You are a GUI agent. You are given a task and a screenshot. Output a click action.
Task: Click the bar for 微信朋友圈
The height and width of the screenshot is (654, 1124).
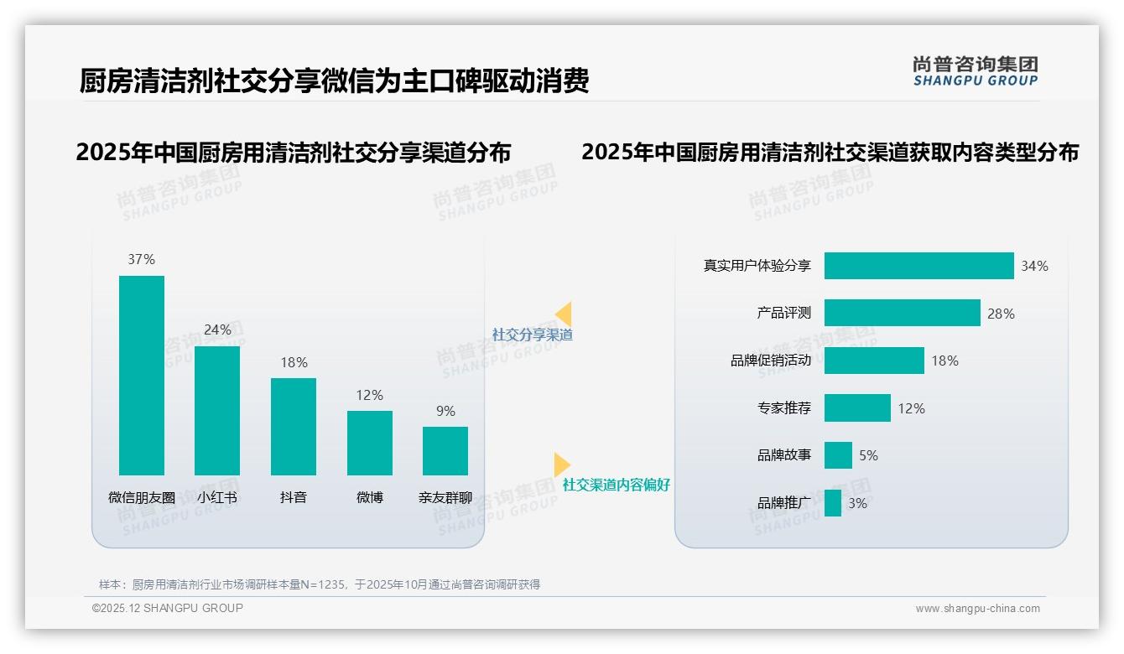[142, 375]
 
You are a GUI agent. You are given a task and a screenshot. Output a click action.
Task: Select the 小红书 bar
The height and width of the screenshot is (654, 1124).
[217, 410]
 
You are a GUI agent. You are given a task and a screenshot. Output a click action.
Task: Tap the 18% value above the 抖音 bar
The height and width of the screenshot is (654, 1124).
[294, 362]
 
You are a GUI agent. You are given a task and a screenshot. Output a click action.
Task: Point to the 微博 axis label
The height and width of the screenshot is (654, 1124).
[369, 497]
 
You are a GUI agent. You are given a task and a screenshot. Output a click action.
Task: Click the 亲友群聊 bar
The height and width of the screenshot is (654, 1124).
[445, 450]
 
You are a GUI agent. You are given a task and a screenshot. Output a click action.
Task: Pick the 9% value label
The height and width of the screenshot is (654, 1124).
[445, 411]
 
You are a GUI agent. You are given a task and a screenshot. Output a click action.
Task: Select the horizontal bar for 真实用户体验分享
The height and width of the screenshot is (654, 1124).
[918, 266]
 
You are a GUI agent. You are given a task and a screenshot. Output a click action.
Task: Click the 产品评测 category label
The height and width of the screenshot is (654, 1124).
[783, 313]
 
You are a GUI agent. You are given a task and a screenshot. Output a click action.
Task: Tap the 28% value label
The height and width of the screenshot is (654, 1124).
[1001, 314]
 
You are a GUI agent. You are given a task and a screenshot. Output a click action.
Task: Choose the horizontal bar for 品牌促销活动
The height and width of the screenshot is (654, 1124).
[874, 361]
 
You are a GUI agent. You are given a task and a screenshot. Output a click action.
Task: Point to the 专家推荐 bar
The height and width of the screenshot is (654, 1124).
[857, 408]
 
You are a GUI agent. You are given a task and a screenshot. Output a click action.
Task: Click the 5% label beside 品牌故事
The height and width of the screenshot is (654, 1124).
[868, 455]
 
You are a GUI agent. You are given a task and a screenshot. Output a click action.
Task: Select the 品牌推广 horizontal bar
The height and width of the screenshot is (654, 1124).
[833, 503]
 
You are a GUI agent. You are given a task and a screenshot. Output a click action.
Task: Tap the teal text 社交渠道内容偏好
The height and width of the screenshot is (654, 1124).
[616, 485]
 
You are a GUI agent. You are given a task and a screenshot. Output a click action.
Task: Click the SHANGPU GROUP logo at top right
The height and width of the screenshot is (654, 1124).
[976, 71]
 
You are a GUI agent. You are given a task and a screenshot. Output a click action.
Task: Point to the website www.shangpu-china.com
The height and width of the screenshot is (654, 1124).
[977, 609]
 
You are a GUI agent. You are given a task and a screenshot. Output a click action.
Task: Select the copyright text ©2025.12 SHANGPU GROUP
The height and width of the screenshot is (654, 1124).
[168, 608]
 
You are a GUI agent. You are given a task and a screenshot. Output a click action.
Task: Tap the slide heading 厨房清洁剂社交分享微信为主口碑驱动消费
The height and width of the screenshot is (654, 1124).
[334, 80]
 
